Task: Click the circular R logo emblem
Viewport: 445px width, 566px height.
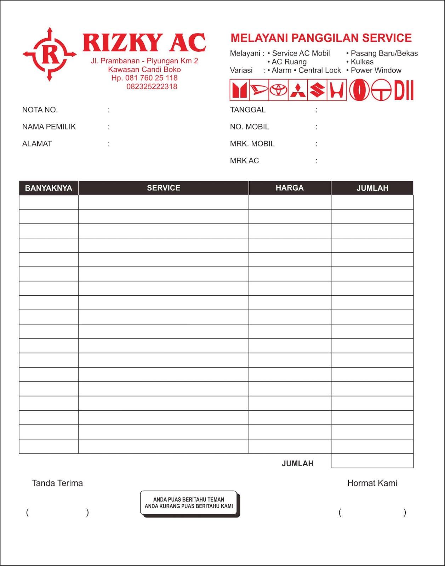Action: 50,54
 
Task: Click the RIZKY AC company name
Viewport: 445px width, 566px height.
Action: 144,43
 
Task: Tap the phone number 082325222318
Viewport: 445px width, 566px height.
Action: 152,87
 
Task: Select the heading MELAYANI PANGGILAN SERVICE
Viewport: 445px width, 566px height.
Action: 321,38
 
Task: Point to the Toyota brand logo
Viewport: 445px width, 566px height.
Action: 278,90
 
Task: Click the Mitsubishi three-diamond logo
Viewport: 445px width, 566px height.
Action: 298,90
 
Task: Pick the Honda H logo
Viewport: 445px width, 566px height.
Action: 336,90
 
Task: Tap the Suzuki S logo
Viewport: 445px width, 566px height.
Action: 317,90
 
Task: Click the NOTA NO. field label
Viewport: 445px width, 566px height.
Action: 40,110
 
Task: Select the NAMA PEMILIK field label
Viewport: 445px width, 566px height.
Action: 49,127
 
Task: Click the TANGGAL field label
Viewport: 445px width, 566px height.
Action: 247,110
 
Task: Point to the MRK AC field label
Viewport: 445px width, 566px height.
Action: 244,161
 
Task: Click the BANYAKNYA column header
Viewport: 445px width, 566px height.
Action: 49,188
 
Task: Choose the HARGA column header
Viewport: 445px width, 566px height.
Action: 290,188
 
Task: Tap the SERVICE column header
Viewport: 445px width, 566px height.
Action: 164,188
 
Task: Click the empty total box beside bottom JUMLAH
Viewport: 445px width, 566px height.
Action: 372,461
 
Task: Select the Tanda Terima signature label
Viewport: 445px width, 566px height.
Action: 57,483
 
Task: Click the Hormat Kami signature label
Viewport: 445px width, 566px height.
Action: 372,483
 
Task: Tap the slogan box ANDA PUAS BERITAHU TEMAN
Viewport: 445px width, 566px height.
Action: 189,503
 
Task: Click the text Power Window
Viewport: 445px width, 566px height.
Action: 376,70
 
